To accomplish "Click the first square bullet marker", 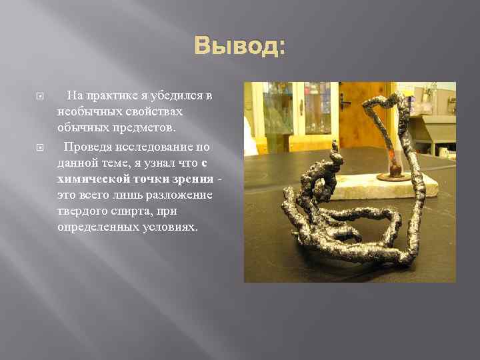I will click(39, 96).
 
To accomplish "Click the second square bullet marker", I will click(39, 146).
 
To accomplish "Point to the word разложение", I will click(176, 195).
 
